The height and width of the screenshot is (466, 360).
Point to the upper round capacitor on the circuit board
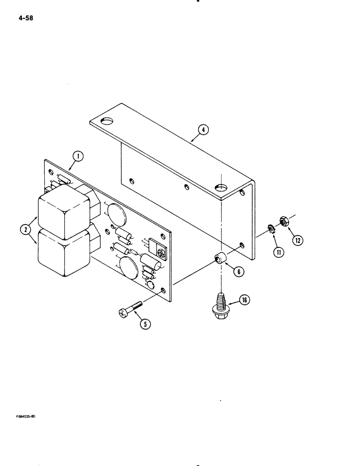(116, 213)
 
